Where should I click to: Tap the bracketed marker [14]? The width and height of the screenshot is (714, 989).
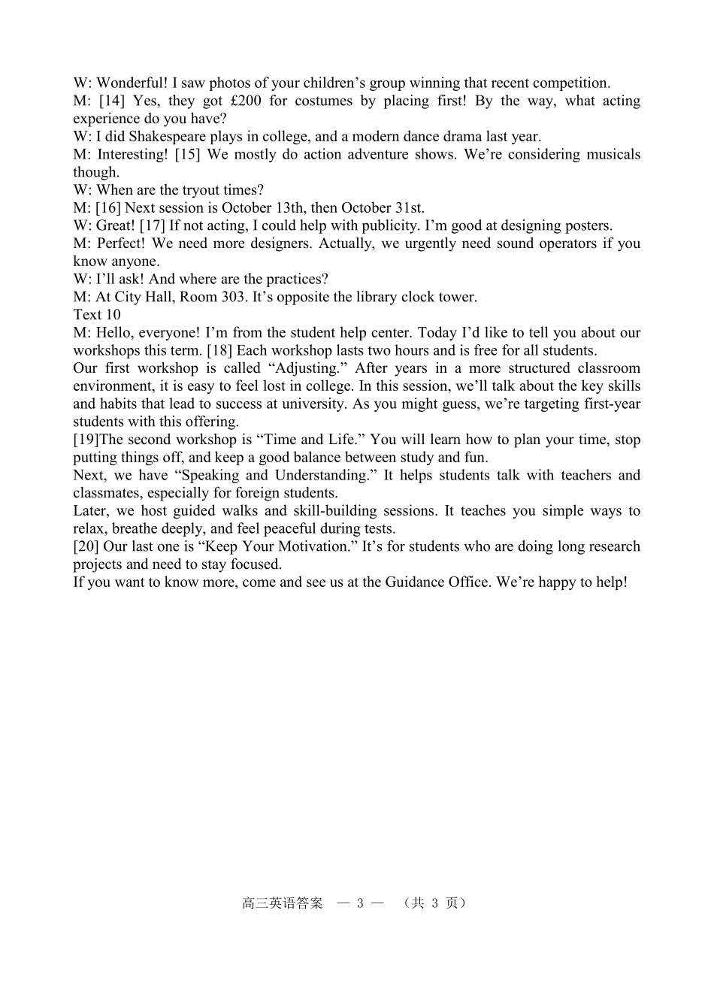tap(111, 101)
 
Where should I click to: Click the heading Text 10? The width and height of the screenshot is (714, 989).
tap(96, 315)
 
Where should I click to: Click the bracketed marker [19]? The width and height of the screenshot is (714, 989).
tap(86, 440)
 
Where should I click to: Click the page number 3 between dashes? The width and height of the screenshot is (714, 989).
tap(361, 903)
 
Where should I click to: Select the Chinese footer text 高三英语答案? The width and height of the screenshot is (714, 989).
tap(282, 903)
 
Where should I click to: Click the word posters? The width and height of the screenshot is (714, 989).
tap(588, 225)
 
